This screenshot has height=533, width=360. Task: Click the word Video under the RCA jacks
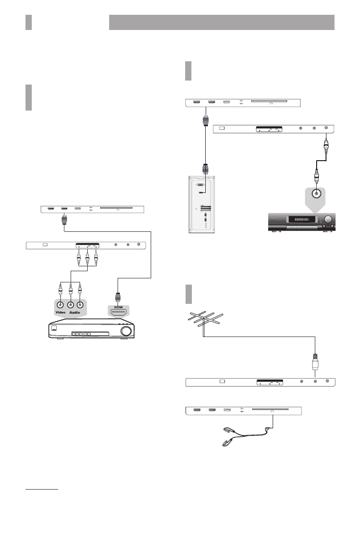(x=61, y=312)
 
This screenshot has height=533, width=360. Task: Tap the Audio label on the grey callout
(x=75, y=312)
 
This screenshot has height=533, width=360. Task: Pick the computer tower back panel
(x=204, y=205)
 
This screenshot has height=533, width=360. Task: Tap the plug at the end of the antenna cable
(x=315, y=359)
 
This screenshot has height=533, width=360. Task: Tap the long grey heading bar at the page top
(x=222, y=22)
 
